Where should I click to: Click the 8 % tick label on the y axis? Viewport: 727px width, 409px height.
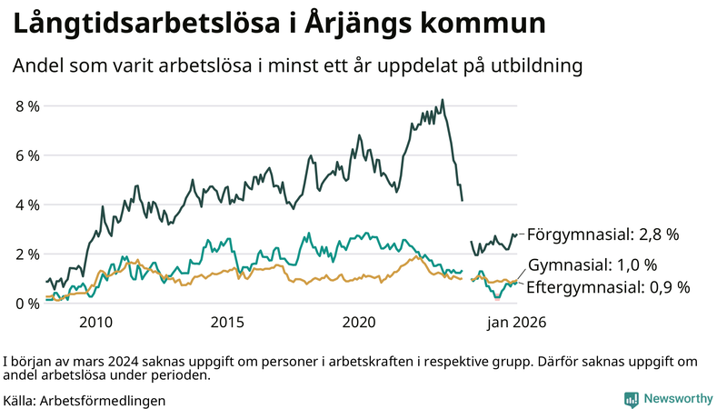pyautogui.click(x=27, y=106)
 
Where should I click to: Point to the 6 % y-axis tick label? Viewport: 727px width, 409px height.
pyautogui.click(x=27, y=155)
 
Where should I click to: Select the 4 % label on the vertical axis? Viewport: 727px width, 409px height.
pyautogui.click(x=27, y=204)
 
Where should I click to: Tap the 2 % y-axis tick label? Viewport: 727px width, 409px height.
pyautogui.click(x=27, y=254)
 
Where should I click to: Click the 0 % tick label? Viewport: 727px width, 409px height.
pyautogui.click(x=27, y=304)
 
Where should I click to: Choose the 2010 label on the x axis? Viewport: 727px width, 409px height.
pyautogui.click(x=95, y=323)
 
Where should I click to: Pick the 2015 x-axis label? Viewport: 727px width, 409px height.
pyautogui.click(x=227, y=323)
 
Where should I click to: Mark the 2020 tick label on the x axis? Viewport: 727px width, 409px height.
pyautogui.click(x=359, y=323)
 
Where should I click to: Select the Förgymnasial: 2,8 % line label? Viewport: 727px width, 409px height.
pyautogui.click(x=603, y=234)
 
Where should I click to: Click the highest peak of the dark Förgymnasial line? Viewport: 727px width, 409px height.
pyautogui.click(x=443, y=100)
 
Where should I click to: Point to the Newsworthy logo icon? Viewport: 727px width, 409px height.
pyautogui.click(x=631, y=399)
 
